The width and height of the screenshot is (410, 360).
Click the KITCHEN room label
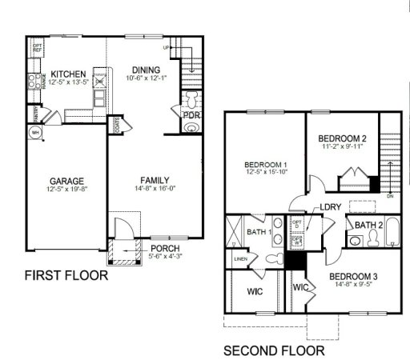[x=67, y=74]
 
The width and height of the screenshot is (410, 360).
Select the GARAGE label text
[x=66, y=181]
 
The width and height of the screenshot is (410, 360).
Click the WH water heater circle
[x=36, y=132]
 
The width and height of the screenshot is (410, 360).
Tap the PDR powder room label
[x=191, y=115]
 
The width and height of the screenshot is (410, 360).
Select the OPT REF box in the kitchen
[x=37, y=49]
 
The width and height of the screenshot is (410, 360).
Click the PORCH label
[x=165, y=248]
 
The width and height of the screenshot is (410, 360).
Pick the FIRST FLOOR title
[x=66, y=276]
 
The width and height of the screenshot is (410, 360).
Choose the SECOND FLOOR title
[x=273, y=350]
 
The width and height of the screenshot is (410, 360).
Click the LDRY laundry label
[x=331, y=208]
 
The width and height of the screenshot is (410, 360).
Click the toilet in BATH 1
[x=272, y=259]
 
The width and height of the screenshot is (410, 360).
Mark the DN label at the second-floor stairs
[x=389, y=195]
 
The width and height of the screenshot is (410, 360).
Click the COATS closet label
[x=118, y=125]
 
